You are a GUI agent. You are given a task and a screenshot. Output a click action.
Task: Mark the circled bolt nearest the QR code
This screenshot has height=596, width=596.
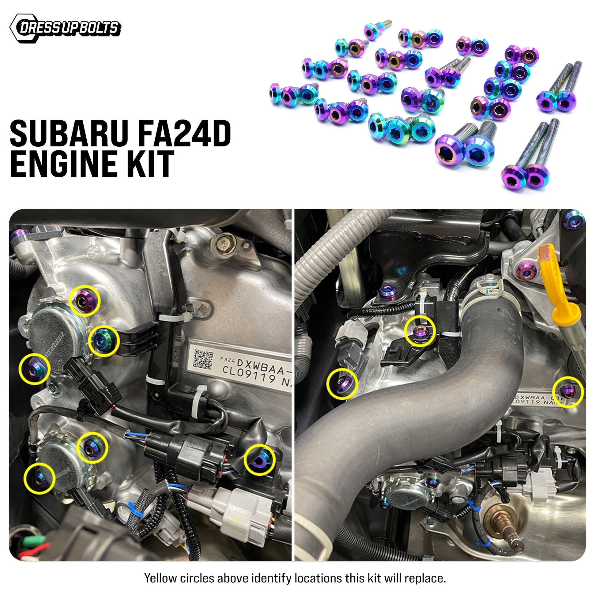coord(103,341)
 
